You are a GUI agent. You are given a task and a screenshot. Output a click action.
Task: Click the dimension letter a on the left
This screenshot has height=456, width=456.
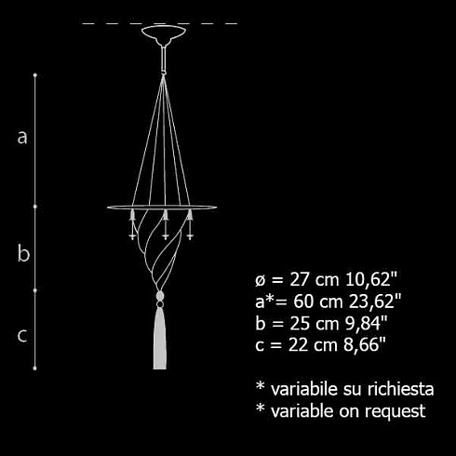click(x=22, y=138)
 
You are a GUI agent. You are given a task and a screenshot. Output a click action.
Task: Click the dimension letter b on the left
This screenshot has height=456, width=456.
click(x=23, y=253)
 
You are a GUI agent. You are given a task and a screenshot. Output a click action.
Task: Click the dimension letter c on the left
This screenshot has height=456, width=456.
click(x=22, y=336)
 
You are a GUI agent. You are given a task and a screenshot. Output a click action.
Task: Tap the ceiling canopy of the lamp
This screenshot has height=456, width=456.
click(x=164, y=34)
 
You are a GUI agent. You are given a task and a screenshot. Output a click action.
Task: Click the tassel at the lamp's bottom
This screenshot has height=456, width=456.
click(x=160, y=337)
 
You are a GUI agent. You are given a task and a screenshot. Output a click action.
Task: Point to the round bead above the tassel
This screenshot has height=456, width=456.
click(x=160, y=295)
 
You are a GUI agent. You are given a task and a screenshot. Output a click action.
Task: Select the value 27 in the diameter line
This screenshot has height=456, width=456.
click(x=299, y=279)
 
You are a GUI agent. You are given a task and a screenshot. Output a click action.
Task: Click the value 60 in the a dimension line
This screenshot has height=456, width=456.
click(x=303, y=302)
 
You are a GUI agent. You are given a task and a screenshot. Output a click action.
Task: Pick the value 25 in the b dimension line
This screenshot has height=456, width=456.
click(x=300, y=323)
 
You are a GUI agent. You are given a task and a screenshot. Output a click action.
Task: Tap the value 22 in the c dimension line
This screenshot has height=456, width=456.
click(x=298, y=345)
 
